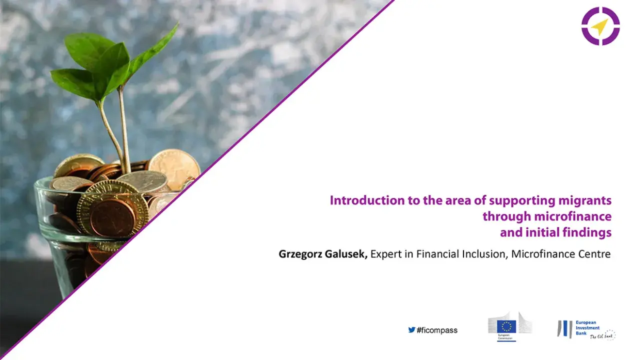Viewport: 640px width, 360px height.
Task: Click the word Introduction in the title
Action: pos(361,201)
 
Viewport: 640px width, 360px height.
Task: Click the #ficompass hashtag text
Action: pos(437,330)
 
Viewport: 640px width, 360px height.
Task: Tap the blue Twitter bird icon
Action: pos(411,330)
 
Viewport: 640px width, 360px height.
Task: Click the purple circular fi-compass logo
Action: pos(600,26)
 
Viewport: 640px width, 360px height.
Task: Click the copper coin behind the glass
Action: pos(112,217)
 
